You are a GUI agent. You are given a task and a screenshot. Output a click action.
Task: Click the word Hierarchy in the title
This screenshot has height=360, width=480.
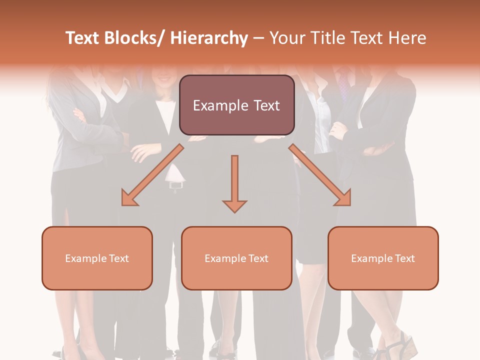[x=209, y=38]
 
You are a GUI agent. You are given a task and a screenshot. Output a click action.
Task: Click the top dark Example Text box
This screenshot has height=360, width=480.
[x=236, y=105]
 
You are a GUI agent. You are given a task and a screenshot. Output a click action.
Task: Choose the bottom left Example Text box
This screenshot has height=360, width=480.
[x=97, y=258]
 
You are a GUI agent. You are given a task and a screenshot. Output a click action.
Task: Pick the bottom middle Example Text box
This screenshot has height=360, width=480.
[x=236, y=258]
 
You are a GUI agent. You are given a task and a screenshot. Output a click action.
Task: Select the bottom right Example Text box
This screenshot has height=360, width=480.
[x=383, y=258]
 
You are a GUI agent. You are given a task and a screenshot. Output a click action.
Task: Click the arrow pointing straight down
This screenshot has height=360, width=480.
[x=234, y=180]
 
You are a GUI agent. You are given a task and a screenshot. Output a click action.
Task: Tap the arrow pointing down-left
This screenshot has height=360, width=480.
[x=152, y=175]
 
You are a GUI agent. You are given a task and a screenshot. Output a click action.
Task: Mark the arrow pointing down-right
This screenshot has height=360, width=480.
[x=320, y=175]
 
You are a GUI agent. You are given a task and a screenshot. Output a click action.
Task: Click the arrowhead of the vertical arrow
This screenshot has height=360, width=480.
[x=234, y=205]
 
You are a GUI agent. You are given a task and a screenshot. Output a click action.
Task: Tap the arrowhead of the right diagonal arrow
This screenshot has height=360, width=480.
[x=344, y=198]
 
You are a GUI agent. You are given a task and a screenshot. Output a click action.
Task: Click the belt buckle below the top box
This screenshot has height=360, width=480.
[x=175, y=185]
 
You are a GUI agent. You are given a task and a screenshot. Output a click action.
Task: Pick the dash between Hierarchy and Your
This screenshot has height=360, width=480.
[x=258, y=38]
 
